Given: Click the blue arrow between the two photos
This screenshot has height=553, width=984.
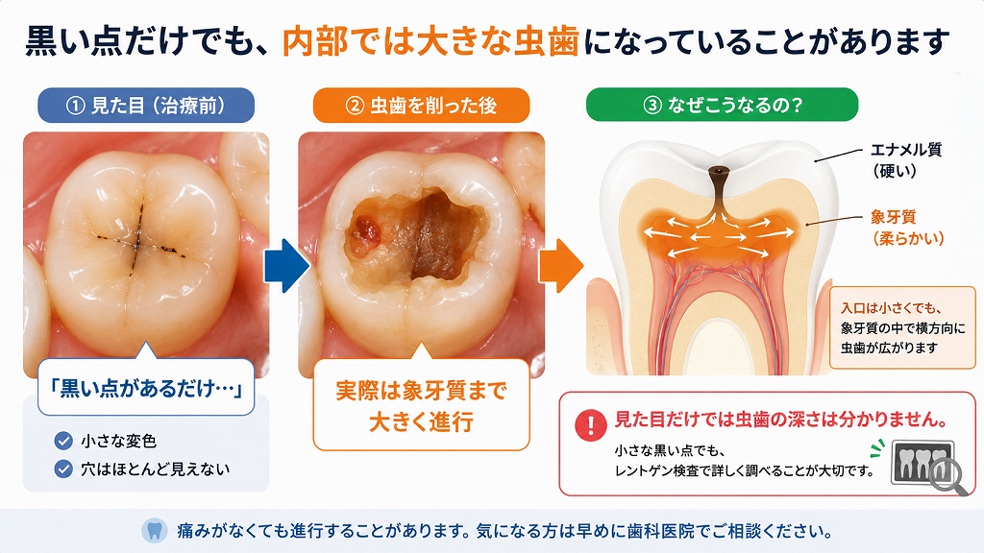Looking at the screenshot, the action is (x=286, y=265).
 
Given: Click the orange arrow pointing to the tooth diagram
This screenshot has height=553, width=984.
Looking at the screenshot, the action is (x=561, y=265).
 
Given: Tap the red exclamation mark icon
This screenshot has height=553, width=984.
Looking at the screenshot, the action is (x=591, y=425).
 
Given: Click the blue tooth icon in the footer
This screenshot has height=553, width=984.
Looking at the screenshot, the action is (x=155, y=530).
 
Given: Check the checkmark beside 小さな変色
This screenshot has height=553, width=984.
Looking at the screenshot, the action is (x=63, y=441).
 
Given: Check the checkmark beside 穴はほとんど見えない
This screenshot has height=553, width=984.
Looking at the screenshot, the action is (x=63, y=469).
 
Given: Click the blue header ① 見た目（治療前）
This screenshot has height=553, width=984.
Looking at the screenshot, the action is (x=146, y=106).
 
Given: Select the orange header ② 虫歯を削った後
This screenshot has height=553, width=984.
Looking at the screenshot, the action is (x=421, y=106).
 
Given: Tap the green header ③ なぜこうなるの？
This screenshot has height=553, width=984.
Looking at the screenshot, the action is (x=723, y=105).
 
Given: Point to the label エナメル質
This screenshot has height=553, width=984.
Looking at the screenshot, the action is (x=906, y=150).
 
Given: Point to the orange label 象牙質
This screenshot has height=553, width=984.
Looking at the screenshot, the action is (x=894, y=217).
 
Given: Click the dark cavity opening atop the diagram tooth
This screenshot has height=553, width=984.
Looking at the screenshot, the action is (x=717, y=171).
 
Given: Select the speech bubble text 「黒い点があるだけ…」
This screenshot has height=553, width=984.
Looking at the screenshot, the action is (x=146, y=389).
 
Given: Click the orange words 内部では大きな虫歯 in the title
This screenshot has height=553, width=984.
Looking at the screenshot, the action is (x=430, y=42).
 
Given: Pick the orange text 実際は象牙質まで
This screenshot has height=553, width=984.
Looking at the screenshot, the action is (x=421, y=391).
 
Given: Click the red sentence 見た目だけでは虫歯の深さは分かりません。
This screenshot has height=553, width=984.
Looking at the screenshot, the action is (x=781, y=420).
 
